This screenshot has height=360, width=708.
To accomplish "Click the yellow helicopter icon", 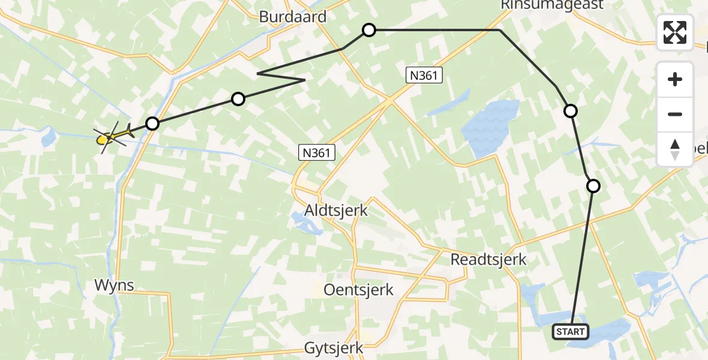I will [112, 137].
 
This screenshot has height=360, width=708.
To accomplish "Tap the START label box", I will [570, 332].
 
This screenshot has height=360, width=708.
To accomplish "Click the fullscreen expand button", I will [675, 32].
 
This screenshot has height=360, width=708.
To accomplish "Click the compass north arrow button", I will [675, 149].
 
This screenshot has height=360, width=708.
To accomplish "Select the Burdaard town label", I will [293, 16].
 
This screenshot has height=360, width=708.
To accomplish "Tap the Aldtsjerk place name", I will [336, 211].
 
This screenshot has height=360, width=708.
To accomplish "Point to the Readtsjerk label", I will [488, 259].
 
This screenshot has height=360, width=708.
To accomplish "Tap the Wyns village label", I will [113, 285].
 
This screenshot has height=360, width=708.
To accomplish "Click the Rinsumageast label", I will [544, 5].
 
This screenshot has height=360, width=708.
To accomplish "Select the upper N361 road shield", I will [424, 75].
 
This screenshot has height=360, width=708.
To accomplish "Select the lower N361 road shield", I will [316, 152].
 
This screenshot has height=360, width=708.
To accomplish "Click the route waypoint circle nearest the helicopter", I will [152, 124].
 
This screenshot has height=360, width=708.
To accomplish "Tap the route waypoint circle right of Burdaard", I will [369, 29].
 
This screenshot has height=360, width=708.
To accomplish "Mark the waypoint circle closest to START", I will [593, 186].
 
